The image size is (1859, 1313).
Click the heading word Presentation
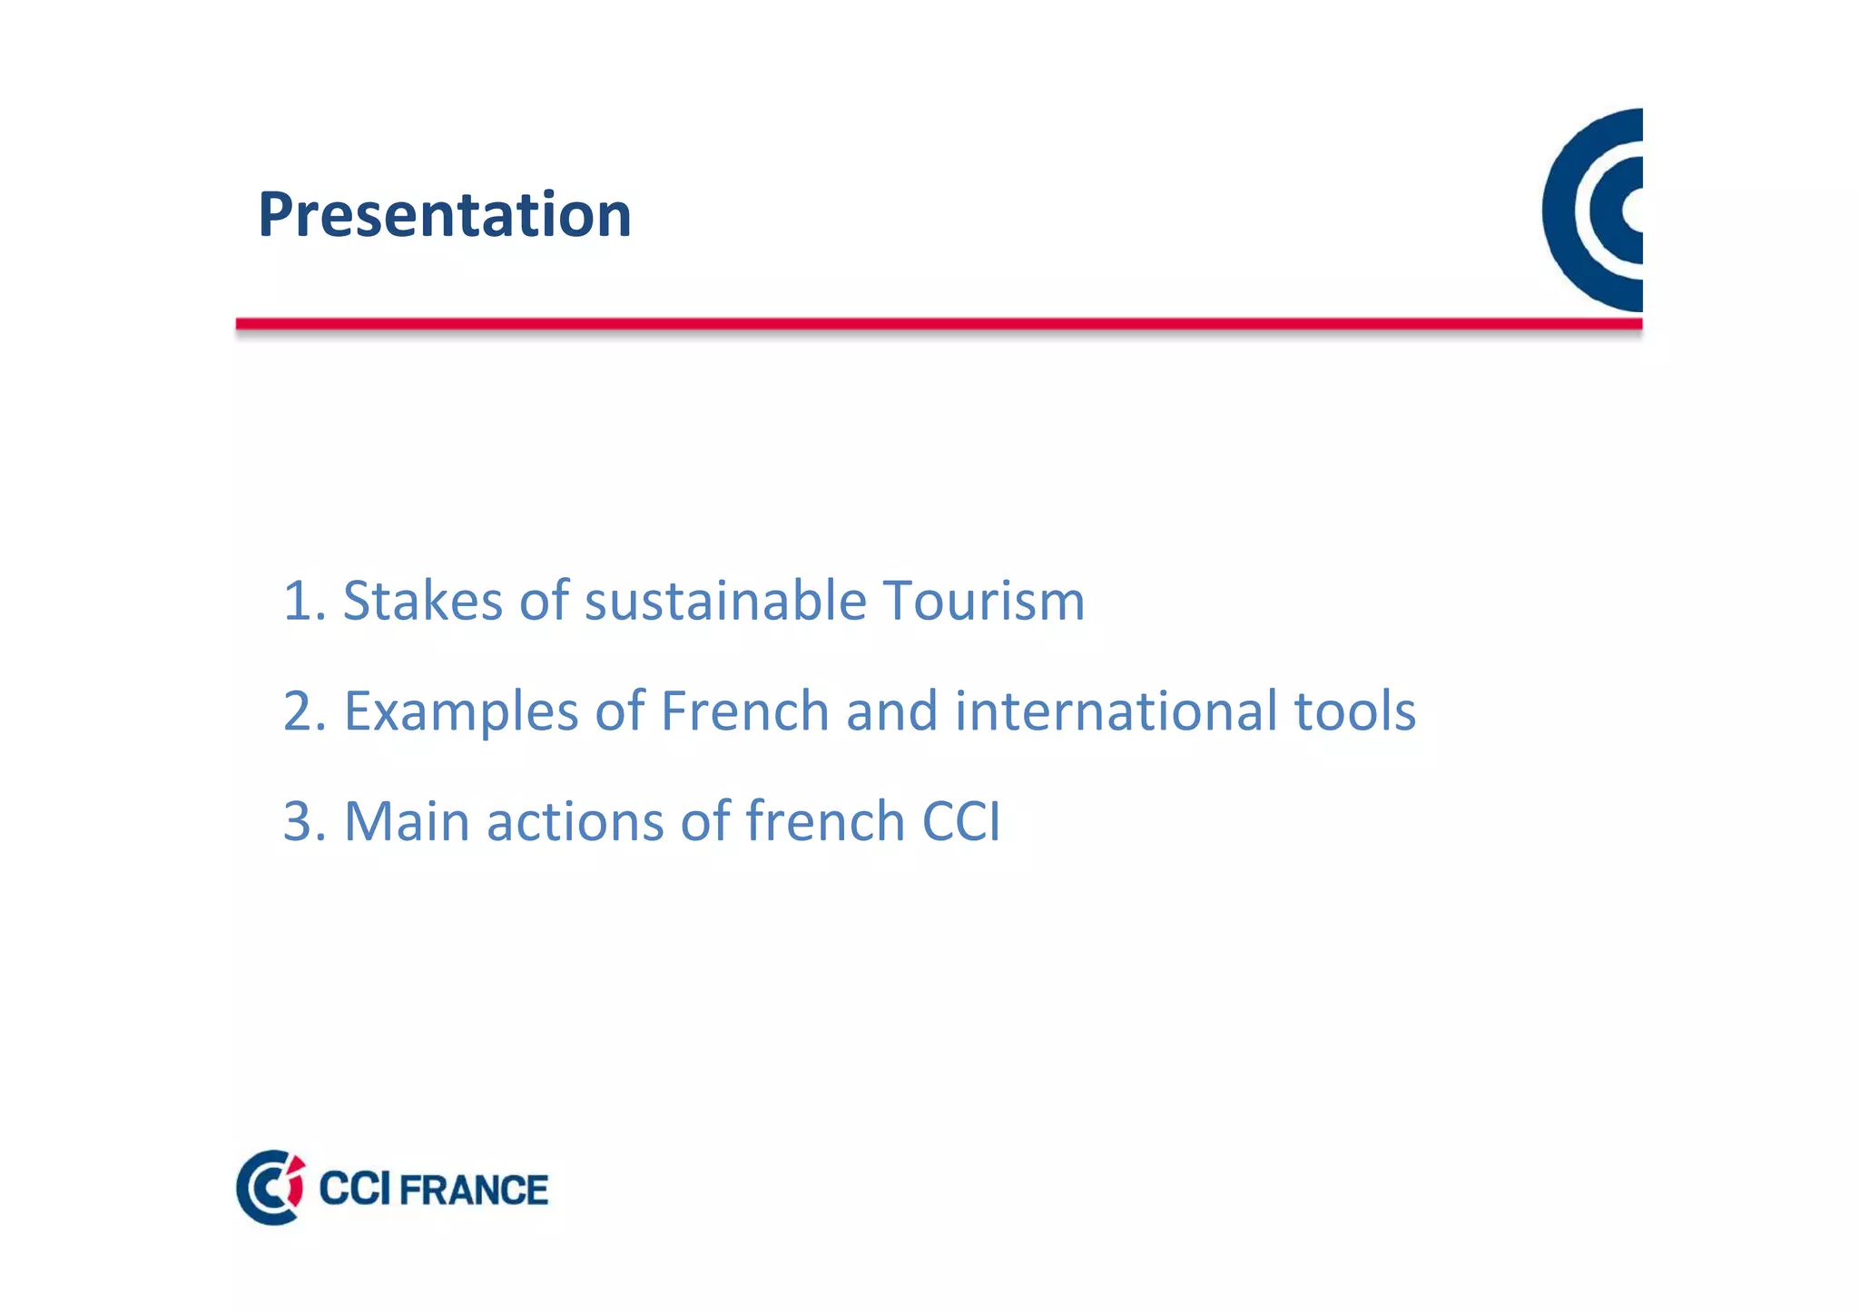coord(444,215)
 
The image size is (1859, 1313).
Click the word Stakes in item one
coord(421,601)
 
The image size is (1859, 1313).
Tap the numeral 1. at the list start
coord(303,601)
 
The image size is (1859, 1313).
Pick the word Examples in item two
coord(460,711)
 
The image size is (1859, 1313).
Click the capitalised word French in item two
coord(744,710)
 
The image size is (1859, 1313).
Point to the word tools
coord(1354,710)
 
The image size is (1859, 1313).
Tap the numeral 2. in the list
coord(304,711)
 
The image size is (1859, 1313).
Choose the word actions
coord(575,821)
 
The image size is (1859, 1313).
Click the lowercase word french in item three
coord(824,821)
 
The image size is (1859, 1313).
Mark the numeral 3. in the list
coord(304,821)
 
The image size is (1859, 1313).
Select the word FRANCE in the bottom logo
coord(473,1191)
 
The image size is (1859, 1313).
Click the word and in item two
coord(891,710)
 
